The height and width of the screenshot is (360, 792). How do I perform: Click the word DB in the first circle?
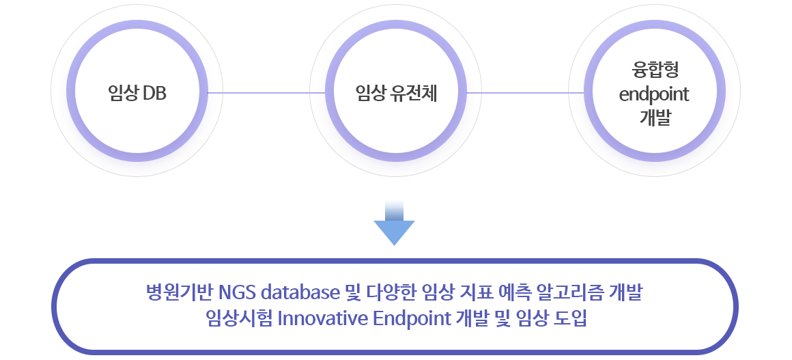[154, 94]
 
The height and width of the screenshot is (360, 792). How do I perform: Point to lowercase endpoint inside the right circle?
[654, 94]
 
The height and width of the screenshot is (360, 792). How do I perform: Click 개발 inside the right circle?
[655, 117]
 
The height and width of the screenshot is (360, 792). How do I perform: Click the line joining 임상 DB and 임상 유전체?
[266, 92]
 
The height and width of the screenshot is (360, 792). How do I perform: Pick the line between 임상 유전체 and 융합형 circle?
[525, 92]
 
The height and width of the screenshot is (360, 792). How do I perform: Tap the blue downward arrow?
[395, 223]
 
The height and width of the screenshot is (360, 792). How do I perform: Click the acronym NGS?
[239, 293]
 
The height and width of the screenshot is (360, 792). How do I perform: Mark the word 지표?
[475, 293]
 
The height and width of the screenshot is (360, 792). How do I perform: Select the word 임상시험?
[240, 319]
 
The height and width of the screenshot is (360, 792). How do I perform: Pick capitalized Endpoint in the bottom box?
[412, 320]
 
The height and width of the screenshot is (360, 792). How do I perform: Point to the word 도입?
[571, 319]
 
